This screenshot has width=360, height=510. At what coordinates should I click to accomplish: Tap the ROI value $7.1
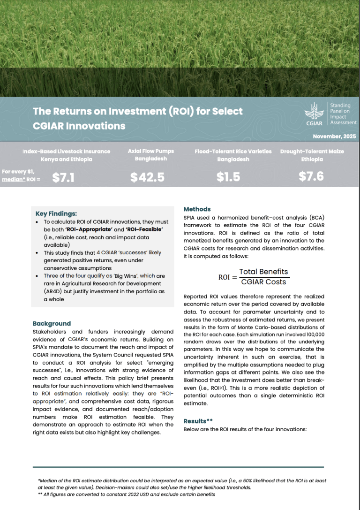pos(62,177)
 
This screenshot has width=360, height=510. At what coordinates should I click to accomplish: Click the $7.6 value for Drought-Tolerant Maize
pos(311,177)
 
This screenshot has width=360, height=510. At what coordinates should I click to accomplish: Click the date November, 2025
pos(334,137)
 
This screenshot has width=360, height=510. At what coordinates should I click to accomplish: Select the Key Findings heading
pos(56,213)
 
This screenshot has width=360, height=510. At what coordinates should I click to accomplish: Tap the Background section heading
pos(52,323)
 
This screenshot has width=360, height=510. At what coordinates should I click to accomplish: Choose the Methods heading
pos(197,209)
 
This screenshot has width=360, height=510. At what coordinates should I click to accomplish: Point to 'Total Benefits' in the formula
pos(263,272)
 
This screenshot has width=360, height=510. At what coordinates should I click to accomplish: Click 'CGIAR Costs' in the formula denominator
pos(263,282)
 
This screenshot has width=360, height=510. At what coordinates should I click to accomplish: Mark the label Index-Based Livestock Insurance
pos(66,151)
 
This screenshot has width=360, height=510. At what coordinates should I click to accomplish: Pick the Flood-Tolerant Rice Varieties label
pos(233,151)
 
